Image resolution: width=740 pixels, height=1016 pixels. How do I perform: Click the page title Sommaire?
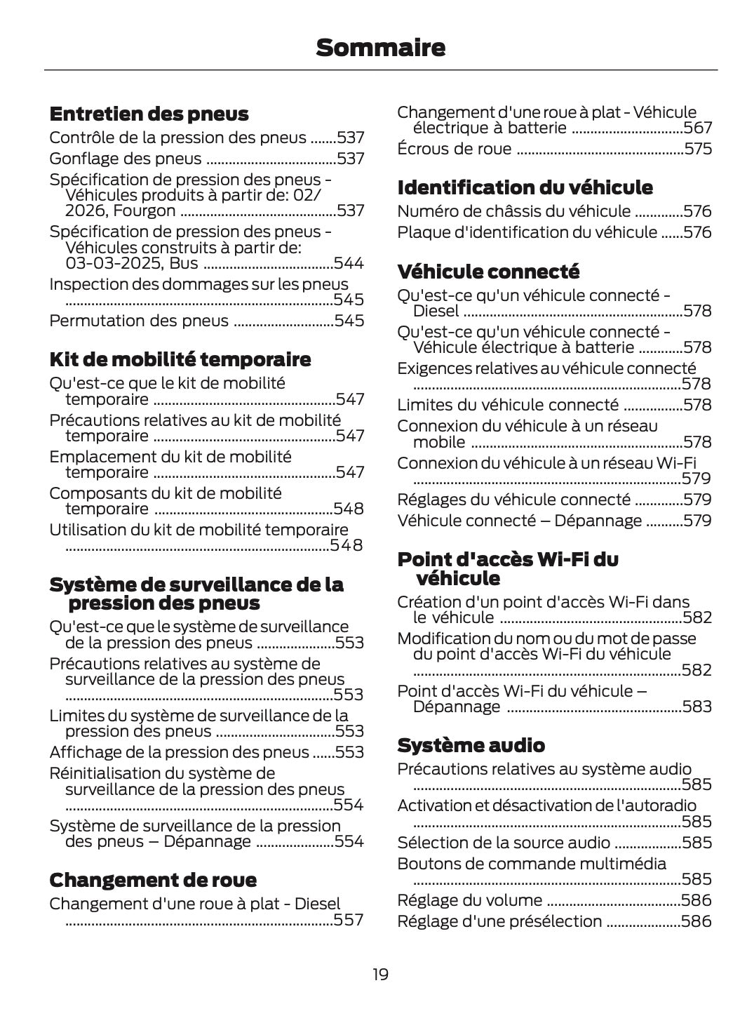point(380,48)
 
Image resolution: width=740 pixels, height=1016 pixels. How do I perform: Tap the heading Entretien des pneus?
point(149,114)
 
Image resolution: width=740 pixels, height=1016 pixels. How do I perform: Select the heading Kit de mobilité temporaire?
point(180,359)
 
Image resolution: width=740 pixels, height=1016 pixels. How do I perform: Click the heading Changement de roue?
point(153,880)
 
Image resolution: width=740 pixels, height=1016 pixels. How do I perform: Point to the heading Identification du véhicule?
point(525,187)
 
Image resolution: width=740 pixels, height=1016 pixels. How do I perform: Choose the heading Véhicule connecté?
point(488,272)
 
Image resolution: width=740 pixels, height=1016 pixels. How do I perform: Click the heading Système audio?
point(471,744)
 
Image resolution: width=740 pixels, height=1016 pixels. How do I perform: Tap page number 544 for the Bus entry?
point(349,264)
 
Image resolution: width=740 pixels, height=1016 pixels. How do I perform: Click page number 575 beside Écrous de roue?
point(698,149)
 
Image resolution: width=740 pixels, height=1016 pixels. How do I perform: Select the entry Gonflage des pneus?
point(126,159)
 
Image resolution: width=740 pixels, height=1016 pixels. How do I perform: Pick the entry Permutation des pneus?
point(139,321)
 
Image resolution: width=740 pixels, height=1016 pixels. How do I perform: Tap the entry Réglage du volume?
point(469,900)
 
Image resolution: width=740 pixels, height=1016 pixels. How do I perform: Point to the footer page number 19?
point(380,974)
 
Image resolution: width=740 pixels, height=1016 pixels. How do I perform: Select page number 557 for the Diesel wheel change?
point(349,921)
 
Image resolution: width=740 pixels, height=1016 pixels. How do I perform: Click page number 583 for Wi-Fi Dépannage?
point(697,707)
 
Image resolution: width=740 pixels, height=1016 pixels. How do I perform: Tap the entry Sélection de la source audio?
point(504,843)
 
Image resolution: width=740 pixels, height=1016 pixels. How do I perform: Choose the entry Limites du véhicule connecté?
point(508,405)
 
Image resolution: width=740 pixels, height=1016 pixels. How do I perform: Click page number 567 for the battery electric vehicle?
point(698,128)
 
